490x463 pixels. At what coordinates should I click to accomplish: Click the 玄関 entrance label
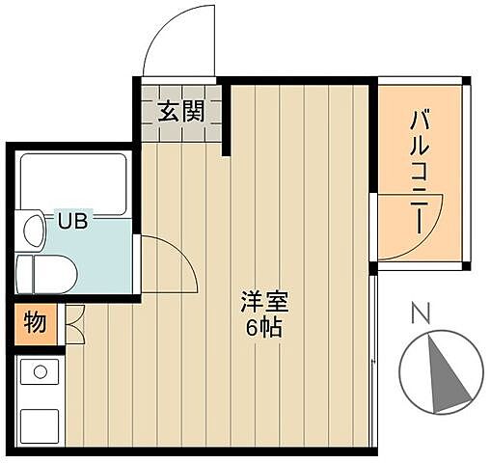(180, 111)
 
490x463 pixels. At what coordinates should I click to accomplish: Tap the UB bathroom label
(72, 222)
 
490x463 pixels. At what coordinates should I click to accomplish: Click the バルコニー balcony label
(421, 172)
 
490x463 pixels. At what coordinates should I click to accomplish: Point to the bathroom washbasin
(35, 230)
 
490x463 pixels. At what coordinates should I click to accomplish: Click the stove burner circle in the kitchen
(40, 369)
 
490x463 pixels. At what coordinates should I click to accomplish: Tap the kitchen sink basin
(40, 423)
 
